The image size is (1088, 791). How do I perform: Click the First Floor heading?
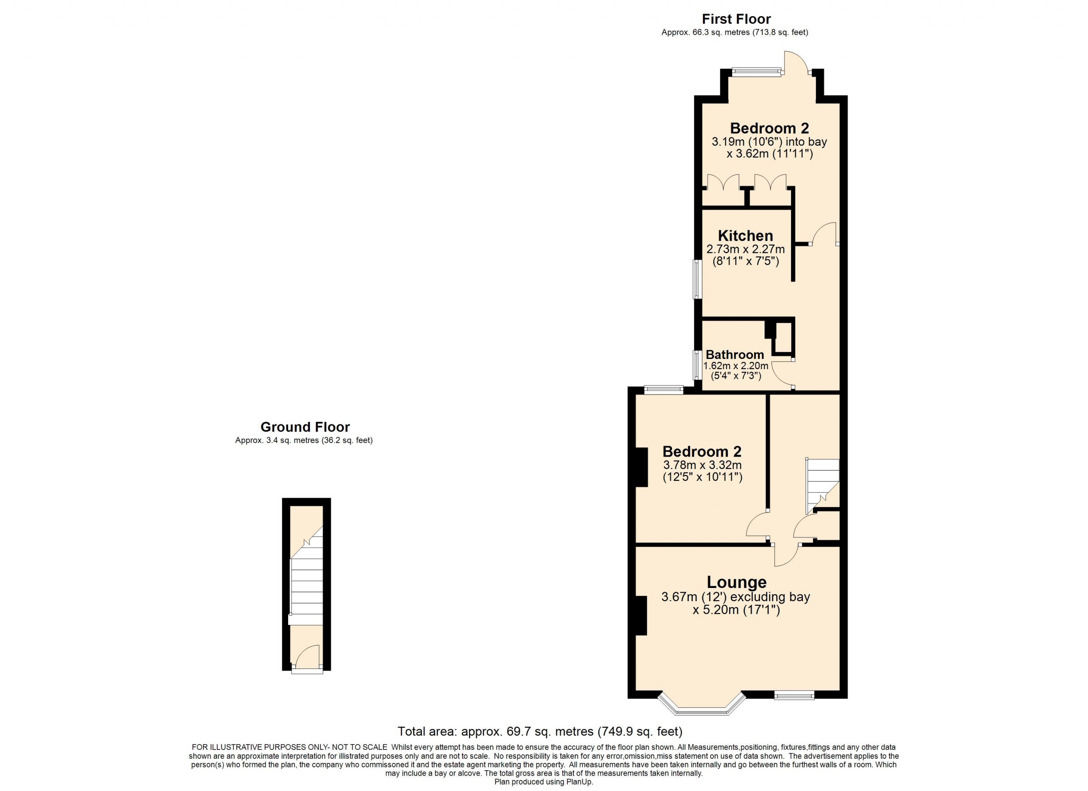[x=737, y=19]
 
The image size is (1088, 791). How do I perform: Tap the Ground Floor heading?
[x=305, y=427]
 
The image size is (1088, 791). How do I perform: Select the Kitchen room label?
[x=745, y=235]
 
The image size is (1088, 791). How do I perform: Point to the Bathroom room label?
[x=734, y=355]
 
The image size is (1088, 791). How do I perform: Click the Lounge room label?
[x=737, y=582]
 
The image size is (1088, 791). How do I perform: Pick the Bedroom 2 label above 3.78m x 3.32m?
[x=702, y=451]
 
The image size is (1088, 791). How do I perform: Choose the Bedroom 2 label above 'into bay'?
[x=770, y=128]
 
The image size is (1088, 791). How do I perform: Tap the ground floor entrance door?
[x=307, y=658]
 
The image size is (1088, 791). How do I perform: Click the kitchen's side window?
[x=698, y=279]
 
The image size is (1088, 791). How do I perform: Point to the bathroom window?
[x=698, y=365]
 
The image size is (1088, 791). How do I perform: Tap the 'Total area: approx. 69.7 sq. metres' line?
[x=540, y=732]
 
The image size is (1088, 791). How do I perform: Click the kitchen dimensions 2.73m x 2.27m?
[x=745, y=249]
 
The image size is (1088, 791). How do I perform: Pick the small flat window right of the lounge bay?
[x=794, y=695]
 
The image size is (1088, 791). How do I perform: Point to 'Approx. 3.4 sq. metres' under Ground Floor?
[x=277, y=440]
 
